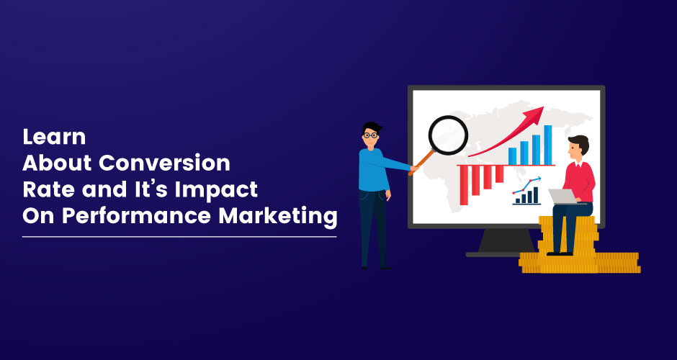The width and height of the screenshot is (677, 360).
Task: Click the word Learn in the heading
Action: (54, 138)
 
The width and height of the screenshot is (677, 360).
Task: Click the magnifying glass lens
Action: (448, 135)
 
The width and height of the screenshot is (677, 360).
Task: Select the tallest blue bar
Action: (547, 145)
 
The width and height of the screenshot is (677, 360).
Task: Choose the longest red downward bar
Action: (464, 185)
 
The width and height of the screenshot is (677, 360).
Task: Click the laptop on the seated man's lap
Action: (564, 197)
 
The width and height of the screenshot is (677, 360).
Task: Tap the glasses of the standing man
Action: (370, 135)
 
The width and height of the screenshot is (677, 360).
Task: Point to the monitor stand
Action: (506, 242)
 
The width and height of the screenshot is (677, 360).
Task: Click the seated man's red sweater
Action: (580, 181)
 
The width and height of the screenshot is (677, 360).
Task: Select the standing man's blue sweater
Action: (375, 169)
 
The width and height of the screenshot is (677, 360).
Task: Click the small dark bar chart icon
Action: (526, 196)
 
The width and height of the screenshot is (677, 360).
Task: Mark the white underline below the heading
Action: (179, 237)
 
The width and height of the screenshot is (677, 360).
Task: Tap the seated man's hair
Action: (580, 143)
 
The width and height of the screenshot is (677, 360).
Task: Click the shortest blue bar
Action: (512, 156)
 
